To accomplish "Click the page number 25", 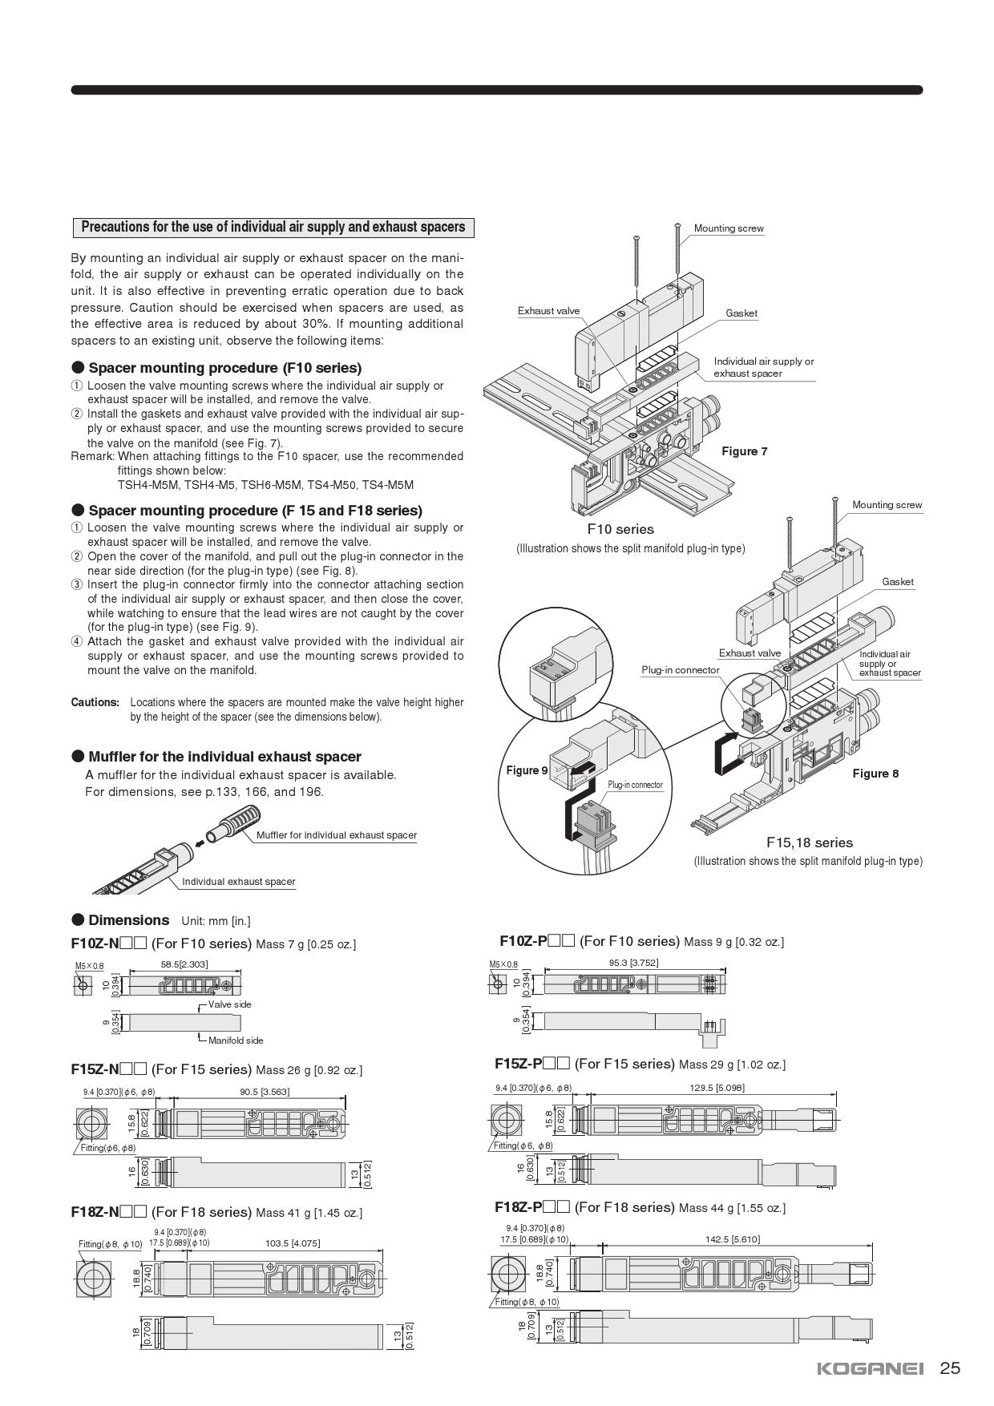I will (950, 1368).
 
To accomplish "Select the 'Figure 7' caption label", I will (744, 451).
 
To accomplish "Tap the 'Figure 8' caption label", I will (875, 774).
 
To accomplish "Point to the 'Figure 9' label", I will (527, 770).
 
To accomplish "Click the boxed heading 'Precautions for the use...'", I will (273, 227).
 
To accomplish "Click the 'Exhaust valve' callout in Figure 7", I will (548, 311).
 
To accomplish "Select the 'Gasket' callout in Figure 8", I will (897, 582).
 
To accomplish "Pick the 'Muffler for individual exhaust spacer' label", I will (337, 835).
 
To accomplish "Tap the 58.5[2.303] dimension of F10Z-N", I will (184, 964).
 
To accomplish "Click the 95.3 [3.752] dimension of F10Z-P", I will (633, 963).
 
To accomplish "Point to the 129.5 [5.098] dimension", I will (717, 1088).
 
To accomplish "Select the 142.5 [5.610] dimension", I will (733, 1239).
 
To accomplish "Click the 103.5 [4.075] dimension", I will (293, 1243).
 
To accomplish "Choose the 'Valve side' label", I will (229, 1004).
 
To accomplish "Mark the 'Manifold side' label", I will (236, 1040).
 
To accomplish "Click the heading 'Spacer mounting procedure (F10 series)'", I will (224, 368).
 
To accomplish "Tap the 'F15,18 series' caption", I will (809, 842).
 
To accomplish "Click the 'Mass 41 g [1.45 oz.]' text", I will (309, 1213).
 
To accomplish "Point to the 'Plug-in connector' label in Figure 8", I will (680, 670).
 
